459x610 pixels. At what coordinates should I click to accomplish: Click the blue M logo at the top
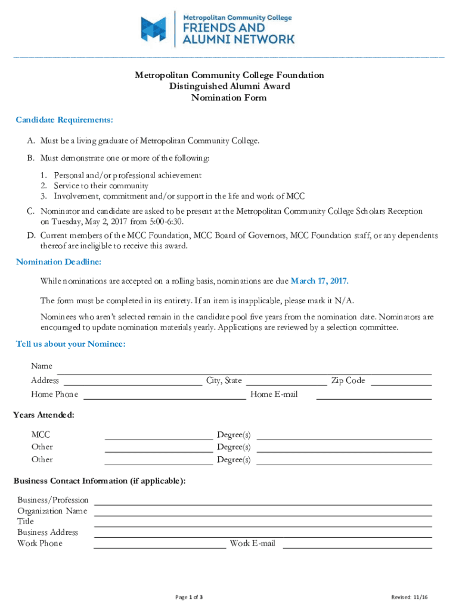coord(153,29)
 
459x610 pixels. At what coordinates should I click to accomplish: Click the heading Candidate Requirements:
coord(64,120)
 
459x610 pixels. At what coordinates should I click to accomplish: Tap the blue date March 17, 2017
coord(320,281)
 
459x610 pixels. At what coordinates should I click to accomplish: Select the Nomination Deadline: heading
coord(58,262)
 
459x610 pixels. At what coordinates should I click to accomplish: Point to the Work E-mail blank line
coord(356,546)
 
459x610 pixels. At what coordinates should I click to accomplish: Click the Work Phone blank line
coord(160,546)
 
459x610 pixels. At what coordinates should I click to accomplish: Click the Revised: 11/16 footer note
coord(408,597)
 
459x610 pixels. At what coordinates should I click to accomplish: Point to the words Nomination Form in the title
coord(229,98)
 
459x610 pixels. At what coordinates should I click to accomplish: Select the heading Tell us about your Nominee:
coord(70,344)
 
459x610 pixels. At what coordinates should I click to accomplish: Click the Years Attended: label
coord(44,415)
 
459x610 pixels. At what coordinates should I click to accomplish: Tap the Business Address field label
coord(48,532)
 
